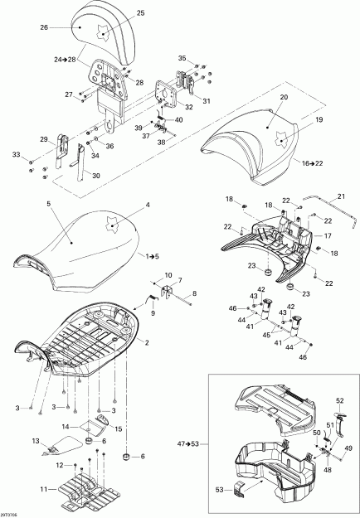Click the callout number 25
[x=140, y=13]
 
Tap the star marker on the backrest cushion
[x=104, y=35]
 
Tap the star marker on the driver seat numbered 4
[x=111, y=221]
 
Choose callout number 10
[x=168, y=274]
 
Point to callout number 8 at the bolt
[x=195, y=294]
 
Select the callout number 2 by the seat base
[x=148, y=342]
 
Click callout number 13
[x=36, y=440]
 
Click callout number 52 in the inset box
[x=339, y=400]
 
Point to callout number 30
[x=96, y=175]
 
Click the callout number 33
[x=15, y=155]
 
